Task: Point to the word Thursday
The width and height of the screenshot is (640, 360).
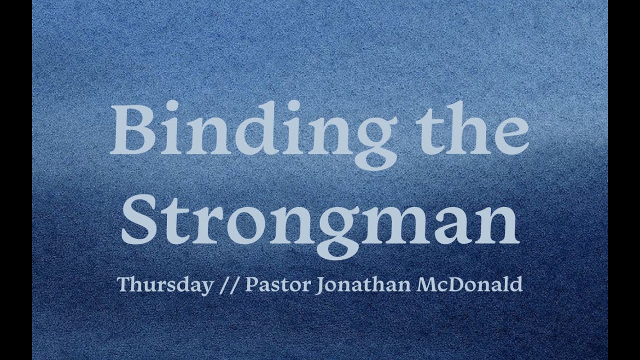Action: (164, 284)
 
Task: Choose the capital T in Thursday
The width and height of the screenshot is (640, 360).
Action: (124, 284)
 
